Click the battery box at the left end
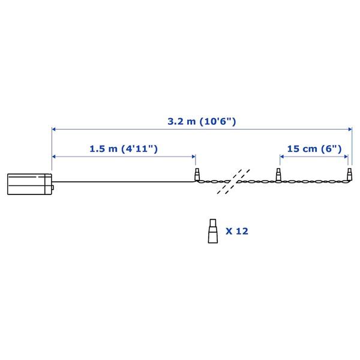click(x=29, y=184)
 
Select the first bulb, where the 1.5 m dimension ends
click(x=197, y=176)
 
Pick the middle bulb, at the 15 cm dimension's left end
click(x=278, y=176)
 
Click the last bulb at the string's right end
click(x=349, y=176)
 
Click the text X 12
click(x=237, y=230)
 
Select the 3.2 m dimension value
click(x=182, y=121)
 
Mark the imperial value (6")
click(x=332, y=148)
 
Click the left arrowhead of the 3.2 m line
click(x=55, y=128)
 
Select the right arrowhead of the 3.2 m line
click(x=349, y=128)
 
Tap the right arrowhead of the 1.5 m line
click(x=193, y=156)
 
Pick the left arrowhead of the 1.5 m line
click(x=55, y=156)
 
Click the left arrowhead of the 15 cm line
click(x=281, y=156)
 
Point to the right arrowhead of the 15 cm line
click(x=346, y=156)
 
